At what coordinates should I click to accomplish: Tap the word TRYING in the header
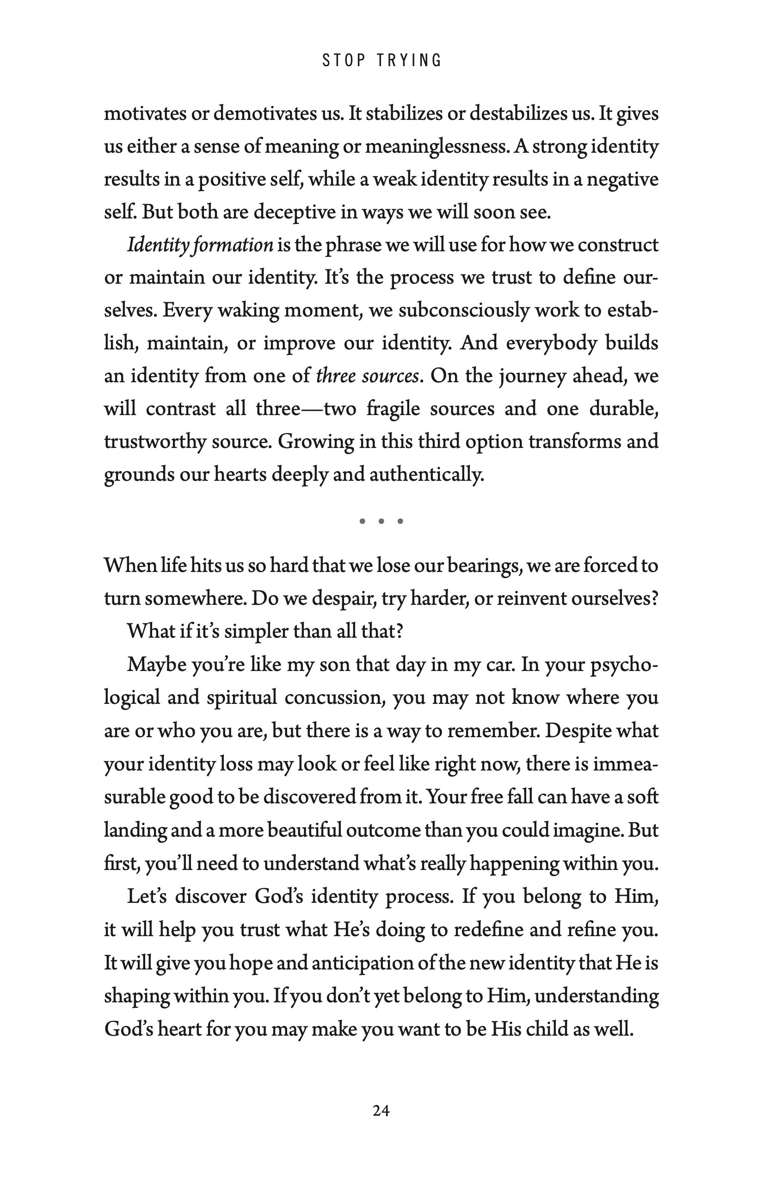[409, 61]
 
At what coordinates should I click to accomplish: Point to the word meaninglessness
[425, 147]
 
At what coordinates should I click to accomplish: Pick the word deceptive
[295, 212]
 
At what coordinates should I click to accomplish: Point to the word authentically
[426, 474]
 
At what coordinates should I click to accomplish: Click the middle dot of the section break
[381, 521]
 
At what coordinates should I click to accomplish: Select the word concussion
[335, 698]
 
